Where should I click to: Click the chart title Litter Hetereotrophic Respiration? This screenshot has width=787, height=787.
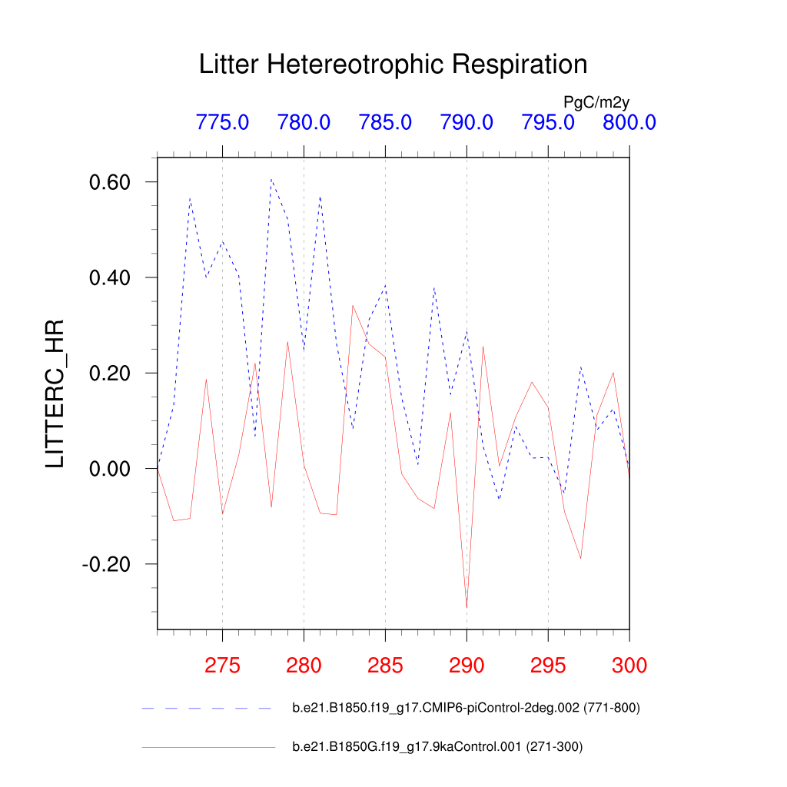[x=393, y=65]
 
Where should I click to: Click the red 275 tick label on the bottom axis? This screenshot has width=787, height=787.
[x=222, y=666]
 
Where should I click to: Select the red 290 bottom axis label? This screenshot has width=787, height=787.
[x=467, y=666]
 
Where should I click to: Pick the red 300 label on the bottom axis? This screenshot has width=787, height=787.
[x=629, y=666]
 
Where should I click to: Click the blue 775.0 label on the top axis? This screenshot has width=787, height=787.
[x=222, y=122]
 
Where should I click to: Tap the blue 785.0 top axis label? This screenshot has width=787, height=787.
[x=385, y=122]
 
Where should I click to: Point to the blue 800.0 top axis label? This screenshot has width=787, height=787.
[x=629, y=122]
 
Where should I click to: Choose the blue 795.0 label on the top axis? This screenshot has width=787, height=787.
[x=548, y=122]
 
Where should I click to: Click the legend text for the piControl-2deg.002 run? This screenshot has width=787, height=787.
[x=466, y=708]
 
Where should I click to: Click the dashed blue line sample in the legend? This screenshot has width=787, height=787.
[x=208, y=708]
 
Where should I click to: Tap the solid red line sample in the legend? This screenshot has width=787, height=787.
[x=208, y=746]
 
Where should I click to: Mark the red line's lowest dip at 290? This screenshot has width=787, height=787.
[x=467, y=608]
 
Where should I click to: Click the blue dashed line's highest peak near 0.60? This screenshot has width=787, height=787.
[x=271, y=179]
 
